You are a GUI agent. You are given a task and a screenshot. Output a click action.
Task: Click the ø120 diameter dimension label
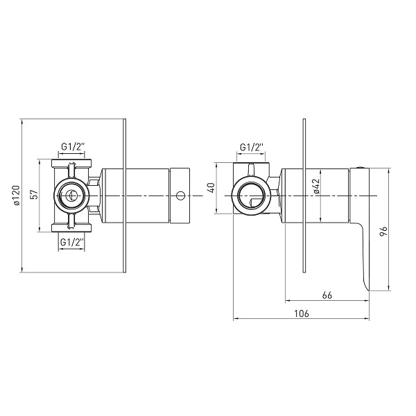pos(17,196)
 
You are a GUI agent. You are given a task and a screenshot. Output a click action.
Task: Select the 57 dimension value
pos(35,194)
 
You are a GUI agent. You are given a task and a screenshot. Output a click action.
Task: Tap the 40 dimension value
pos(211,188)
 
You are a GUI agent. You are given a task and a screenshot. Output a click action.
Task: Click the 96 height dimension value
pos(384,232)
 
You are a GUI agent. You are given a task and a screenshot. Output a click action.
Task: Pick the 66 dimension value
pos(327,295)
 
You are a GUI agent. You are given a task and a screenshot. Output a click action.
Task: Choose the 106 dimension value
pos(302,313)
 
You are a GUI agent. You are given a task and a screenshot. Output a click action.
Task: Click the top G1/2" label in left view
pos(73,147)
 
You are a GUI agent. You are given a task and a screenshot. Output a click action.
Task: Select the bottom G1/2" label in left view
pos(72,242)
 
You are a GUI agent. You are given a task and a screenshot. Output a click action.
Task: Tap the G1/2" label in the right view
pos(252,147)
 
